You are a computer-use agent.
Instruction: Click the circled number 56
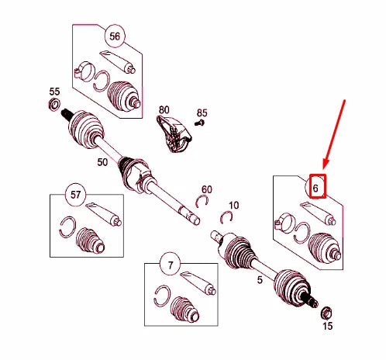click(x=115, y=36)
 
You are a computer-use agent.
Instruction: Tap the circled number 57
click(x=75, y=195)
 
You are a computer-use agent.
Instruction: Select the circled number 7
click(x=171, y=265)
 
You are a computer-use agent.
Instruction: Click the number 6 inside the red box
click(x=315, y=188)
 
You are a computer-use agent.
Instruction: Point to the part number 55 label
click(x=54, y=92)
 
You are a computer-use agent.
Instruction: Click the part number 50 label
click(x=102, y=162)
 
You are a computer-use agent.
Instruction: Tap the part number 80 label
click(x=164, y=110)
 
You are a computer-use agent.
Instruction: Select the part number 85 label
click(x=202, y=112)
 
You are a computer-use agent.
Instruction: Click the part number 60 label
click(x=207, y=189)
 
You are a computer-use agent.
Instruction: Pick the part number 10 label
click(x=233, y=206)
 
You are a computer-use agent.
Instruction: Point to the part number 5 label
click(x=260, y=280)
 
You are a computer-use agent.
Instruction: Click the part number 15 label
click(x=327, y=326)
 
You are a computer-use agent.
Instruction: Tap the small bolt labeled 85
click(x=200, y=123)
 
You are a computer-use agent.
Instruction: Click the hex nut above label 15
click(x=326, y=313)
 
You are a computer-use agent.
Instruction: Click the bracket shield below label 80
click(x=174, y=134)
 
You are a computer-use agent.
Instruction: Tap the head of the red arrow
click(x=325, y=165)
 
